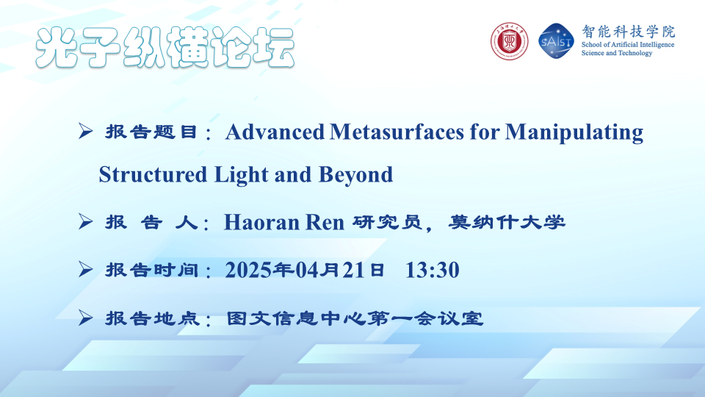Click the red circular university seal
[509, 41]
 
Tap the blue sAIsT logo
[556, 41]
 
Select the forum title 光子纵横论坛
[165, 47]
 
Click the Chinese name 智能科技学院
[628, 32]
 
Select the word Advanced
[275, 132]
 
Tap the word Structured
[153, 175]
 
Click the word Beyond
[355, 175]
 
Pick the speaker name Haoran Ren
[284, 222]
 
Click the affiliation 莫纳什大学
[507, 222]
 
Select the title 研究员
[387, 222]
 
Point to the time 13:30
[433, 270]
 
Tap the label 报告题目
[151, 132]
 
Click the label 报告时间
[151, 270]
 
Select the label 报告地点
[151, 318]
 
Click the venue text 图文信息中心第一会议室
[355, 318]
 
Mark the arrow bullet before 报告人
[85, 221]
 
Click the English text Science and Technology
[617, 53]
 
